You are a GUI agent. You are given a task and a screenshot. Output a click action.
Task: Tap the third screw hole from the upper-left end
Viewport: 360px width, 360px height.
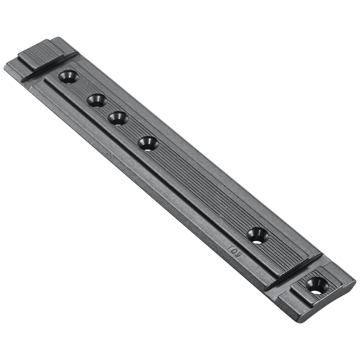click(x=117, y=117)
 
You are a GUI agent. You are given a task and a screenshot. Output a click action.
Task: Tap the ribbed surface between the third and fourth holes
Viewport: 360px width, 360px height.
click(x=132, y=130)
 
